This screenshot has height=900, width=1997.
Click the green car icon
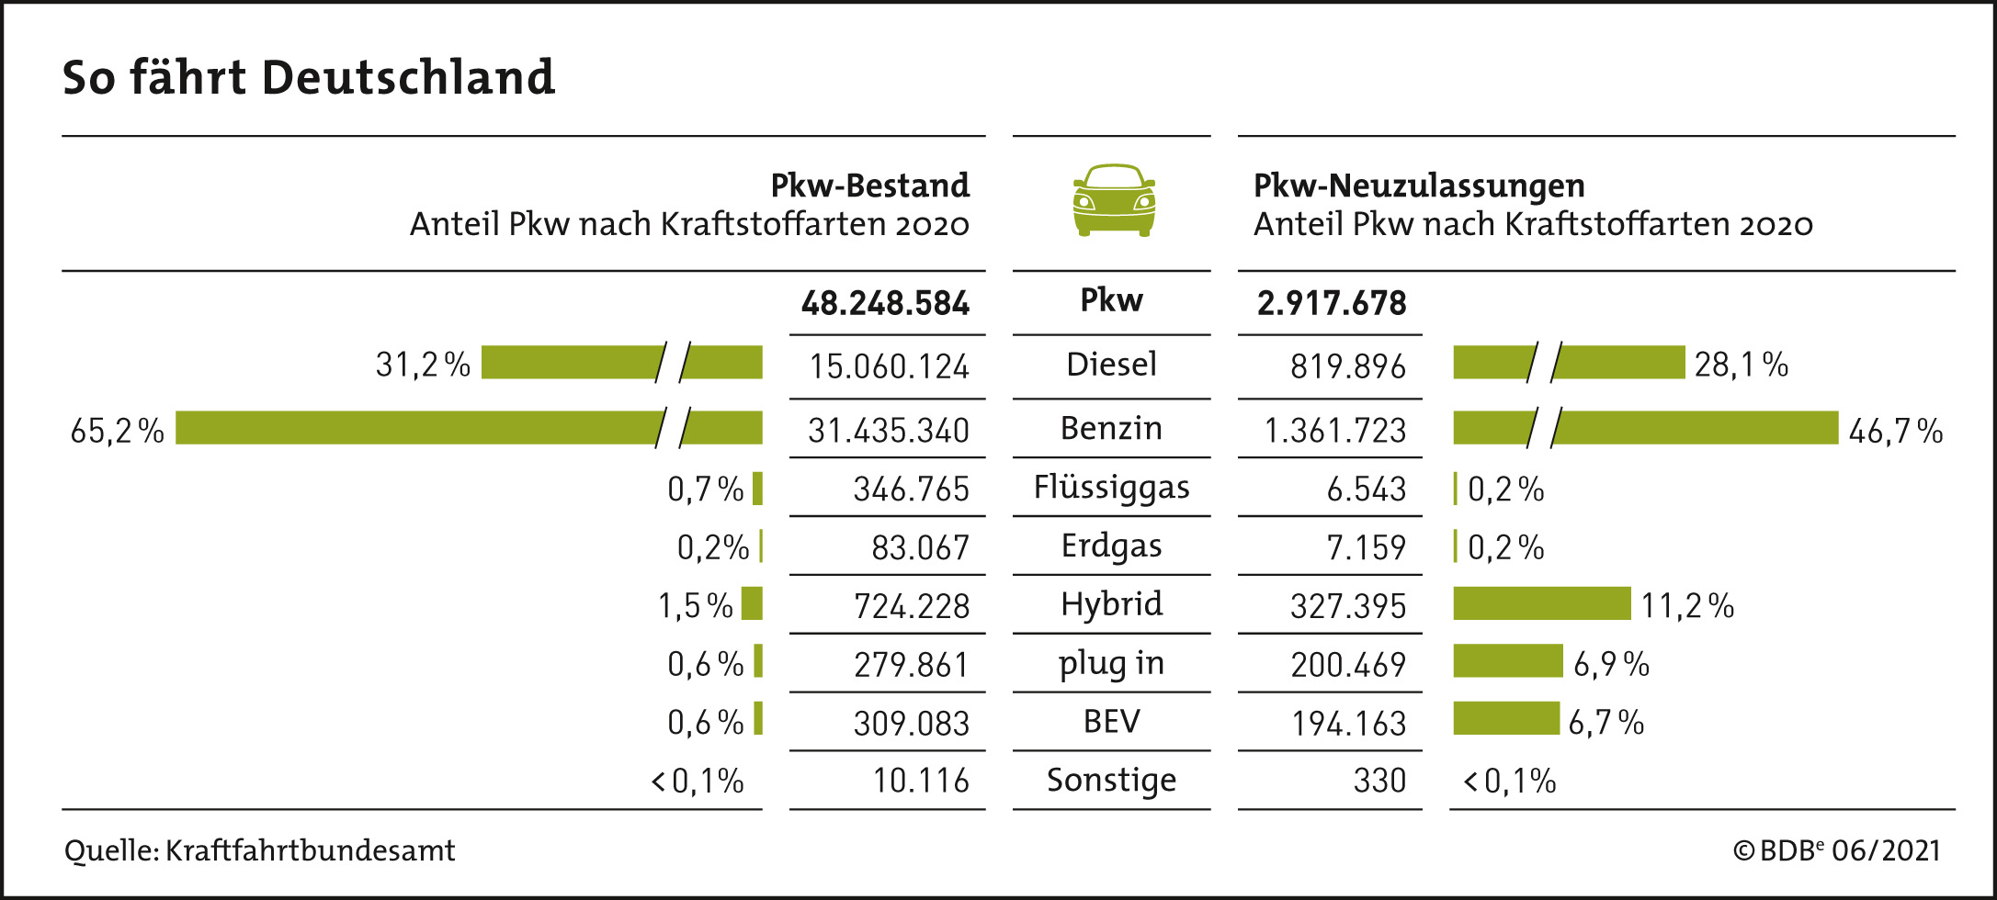(1114, 200)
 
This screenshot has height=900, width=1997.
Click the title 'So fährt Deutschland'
(309, 77)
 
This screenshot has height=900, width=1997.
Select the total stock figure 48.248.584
(885, 303)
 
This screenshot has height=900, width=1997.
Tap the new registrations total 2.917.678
(1331, 303)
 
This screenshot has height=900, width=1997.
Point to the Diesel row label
(1111, 365)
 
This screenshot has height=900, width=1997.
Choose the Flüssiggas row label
(1111, 488)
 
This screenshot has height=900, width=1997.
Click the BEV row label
(1111, 722)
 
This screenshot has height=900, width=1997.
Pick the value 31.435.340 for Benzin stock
(888, 430)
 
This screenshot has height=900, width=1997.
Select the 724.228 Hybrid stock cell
(911, 606)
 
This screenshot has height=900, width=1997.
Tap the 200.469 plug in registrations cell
(1347, 664)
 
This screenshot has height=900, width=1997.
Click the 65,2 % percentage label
(117, 430)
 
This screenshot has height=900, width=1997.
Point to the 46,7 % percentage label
(1895, 430)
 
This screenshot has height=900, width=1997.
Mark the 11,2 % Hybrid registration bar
(1541, 603)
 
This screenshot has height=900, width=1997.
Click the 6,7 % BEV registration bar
(1505, 718)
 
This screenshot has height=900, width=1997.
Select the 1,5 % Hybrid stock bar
(752, 603)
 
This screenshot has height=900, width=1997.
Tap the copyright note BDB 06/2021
(1836, 850)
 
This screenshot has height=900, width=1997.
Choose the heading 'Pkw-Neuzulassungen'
(1419, 186)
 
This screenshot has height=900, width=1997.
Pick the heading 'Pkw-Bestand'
(869, 186)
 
